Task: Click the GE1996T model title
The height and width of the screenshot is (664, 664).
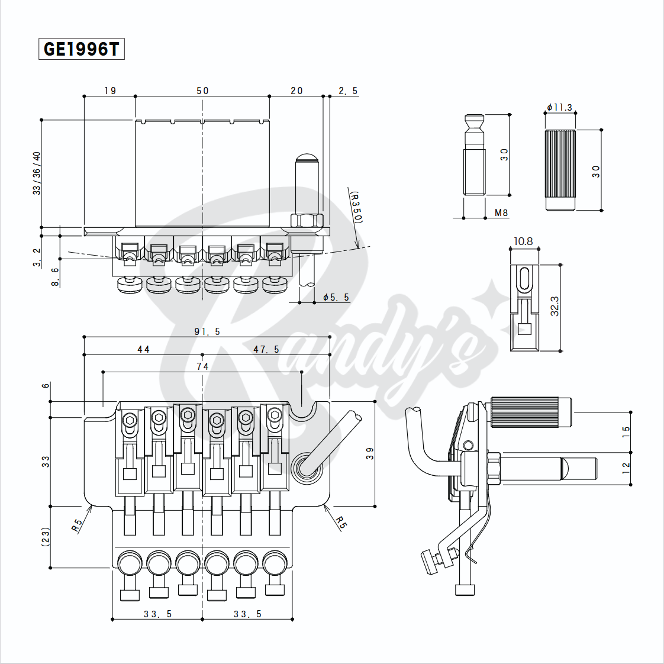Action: [x=81, y=49]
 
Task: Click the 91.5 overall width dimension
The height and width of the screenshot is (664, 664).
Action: [x=208, y=331]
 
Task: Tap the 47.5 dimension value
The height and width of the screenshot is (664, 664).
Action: [x=266, y=349]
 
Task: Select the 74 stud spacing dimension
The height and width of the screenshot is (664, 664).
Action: [x=202, y=366]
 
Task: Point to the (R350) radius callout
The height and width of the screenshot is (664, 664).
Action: [x=356, y=207]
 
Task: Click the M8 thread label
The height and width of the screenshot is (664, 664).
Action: [x=501, y=212]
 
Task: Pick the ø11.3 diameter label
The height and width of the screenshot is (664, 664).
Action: [x=559, y=108]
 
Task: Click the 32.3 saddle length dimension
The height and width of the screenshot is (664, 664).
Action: [x=555, y=306]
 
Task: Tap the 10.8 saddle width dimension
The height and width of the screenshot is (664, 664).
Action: [x=523, y=241]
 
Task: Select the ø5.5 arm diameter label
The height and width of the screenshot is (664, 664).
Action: [x=336, y=297]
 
